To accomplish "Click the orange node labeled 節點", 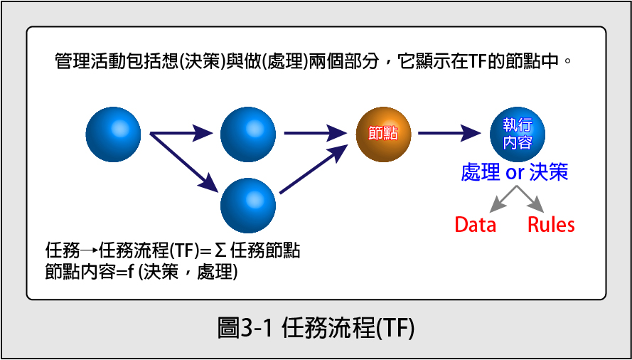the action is pos(383,134).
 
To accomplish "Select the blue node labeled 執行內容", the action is pos(518,134).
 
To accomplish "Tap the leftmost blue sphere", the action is pos(113,134).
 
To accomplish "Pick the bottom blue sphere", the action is pos(248,206).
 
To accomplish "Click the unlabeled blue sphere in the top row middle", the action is pos(248,134).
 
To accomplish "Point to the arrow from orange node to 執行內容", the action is pos(449,133).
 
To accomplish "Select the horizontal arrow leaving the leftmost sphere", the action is pos(181,133).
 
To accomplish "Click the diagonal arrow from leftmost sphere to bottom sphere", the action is pos(184,162).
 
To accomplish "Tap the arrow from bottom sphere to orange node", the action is pos(314,169).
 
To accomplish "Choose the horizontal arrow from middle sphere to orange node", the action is pos(316,133).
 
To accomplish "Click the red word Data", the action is pos(475,225).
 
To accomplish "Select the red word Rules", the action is pos(551,225).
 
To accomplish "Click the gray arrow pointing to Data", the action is pos(503,199).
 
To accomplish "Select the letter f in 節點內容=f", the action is pos(131,272).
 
